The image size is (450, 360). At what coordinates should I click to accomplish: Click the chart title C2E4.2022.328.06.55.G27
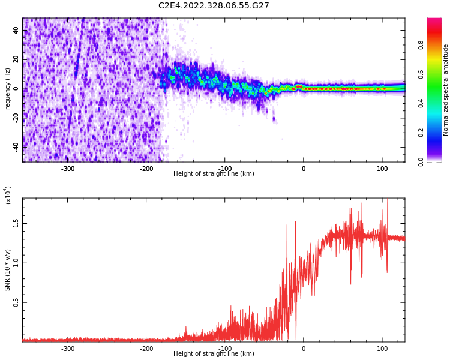pyautogui.click(x=214, y=5)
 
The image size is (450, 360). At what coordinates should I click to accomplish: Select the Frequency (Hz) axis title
pyautogui.click(x=8, y=90)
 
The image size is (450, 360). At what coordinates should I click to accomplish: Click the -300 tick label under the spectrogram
pyautogui.click(x=68, y=169)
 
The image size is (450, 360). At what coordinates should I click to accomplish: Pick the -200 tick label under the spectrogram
pyautogui.click(x=146, y=169)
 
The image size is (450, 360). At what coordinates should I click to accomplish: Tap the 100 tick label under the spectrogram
pyautogui.click(x=382, y=169)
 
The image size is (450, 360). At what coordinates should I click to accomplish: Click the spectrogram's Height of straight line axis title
pyautogui.click(x=214, y=174)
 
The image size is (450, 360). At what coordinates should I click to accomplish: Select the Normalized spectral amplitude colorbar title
pyautogui.click(x=446, y=90)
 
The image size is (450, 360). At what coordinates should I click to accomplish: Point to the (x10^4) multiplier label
pyautogui.click(x=8, y=195)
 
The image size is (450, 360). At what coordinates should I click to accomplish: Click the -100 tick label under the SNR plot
pyautogui.click(x=225, y=349)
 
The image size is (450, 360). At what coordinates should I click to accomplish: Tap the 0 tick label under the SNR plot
pyautogui.click(x=304, y=349)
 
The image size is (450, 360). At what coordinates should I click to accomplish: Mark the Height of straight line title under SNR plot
pyautogui.click(x=214, y=354)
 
